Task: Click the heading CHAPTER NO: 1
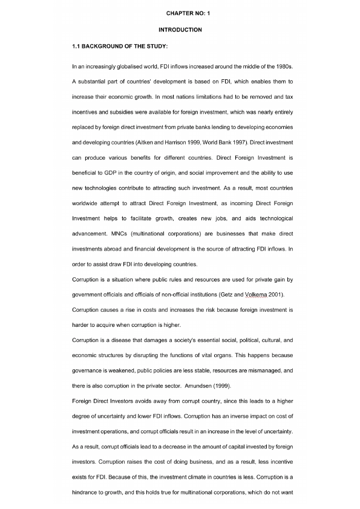[x=180, y=13]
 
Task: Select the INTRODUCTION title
[x=180, y=30]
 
